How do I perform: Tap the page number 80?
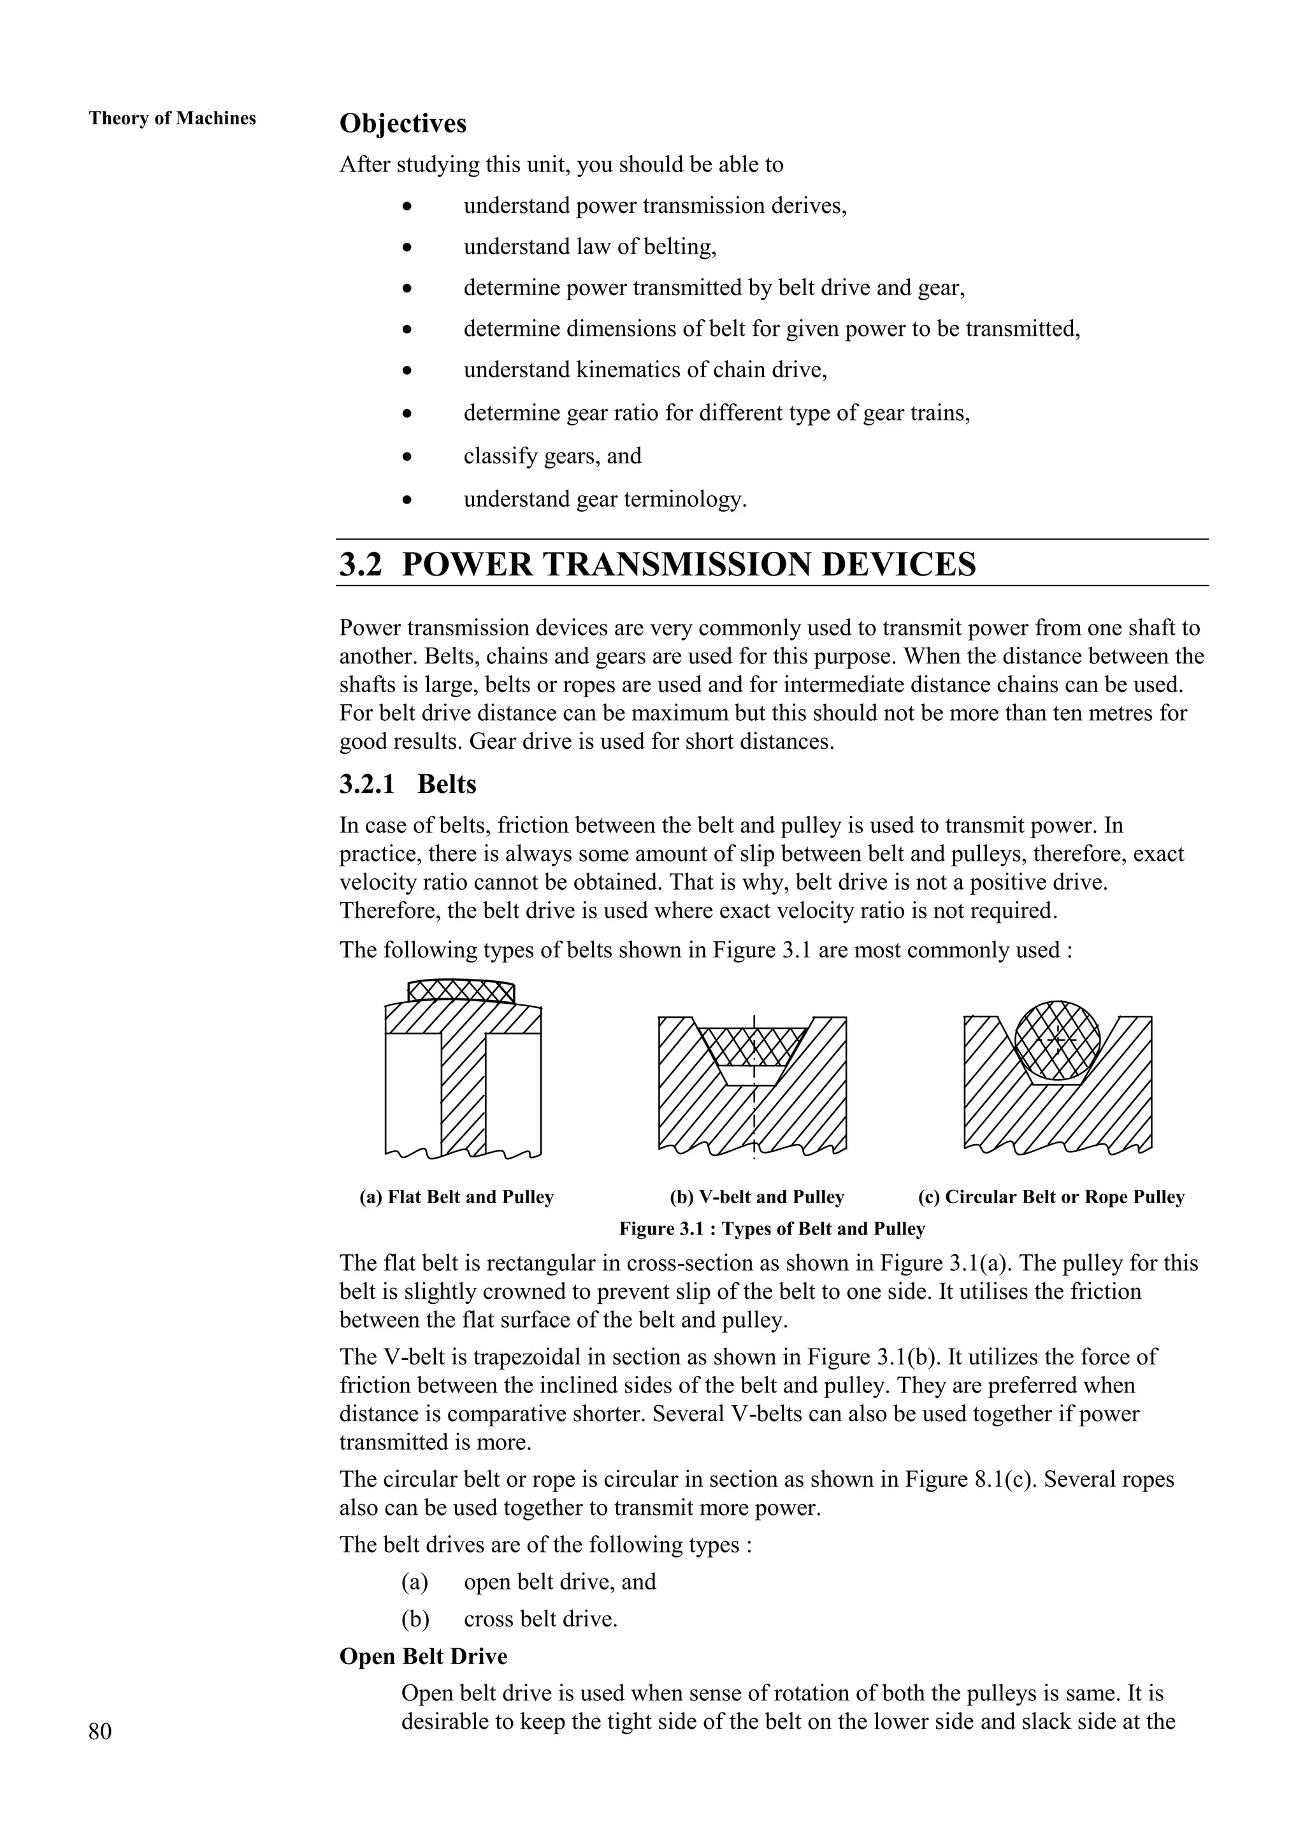(x=101, y=1731)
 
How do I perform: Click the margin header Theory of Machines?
(x=172, y=118)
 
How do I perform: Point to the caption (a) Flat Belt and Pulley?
(x=456, y=1197)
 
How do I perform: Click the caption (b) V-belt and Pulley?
(x=756, y=1197)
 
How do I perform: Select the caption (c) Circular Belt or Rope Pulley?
(x=1050, y=1197)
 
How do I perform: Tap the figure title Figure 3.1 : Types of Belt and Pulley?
(x=772, y=1229)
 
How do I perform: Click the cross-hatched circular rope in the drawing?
(x=1056, y=1040)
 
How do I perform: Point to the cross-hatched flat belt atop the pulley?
(x=461, y=991)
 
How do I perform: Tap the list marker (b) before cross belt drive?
(x=415, y=1618)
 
